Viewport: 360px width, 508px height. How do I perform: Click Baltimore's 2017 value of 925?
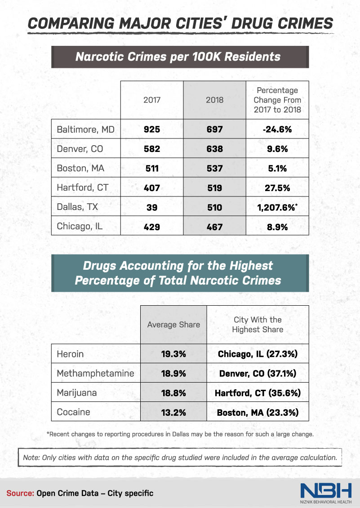pos(151,129)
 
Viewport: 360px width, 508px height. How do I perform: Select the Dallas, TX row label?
pos(77,207)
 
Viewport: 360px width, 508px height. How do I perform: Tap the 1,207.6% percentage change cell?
pos(277,207)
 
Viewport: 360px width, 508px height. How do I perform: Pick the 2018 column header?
pos(214,100)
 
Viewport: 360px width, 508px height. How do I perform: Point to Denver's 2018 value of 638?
pos(214,149)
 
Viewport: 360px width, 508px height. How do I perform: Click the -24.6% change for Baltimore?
pos(277,129)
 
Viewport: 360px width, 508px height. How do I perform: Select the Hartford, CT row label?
pos(82,187)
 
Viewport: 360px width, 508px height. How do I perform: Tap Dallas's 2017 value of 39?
pos(151,207)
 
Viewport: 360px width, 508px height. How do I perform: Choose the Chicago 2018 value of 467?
pos(214,227)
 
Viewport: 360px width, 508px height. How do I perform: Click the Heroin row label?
pos(70,354)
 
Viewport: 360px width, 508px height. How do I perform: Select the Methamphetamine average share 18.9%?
pos(173,374)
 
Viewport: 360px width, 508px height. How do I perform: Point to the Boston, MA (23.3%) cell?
pos(258,412)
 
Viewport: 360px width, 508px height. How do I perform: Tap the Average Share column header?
pos(173,325)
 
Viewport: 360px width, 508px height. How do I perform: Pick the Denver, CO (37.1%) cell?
pos(258,374)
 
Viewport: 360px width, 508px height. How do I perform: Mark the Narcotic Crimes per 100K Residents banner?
pos(180,57)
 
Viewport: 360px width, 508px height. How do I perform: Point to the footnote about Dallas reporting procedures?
pos(180,434)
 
